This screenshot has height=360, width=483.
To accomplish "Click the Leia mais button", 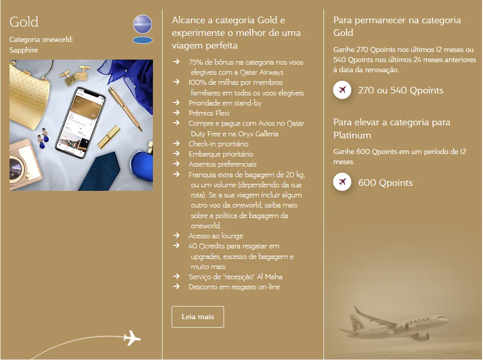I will tap(197, 317).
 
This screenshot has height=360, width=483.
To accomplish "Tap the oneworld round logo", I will tap(142, 24).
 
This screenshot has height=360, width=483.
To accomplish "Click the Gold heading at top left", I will tap(24, 22).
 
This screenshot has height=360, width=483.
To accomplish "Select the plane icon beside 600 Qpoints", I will tap(342, 182).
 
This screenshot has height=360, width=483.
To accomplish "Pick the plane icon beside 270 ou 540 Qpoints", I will tap(342, 90).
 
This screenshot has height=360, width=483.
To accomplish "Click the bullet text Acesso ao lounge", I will tap(216, 236).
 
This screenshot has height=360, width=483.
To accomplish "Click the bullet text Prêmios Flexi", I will tap(208, 113).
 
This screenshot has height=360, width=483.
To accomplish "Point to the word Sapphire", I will tap(23, 50).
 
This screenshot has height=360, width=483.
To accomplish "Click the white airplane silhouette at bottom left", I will tap(132, 337).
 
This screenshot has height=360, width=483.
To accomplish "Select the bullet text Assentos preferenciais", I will tap(222, 164).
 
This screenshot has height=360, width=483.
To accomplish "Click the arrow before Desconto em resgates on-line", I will tap(176, 287).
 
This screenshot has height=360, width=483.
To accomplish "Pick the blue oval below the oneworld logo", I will tap(142, 40).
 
